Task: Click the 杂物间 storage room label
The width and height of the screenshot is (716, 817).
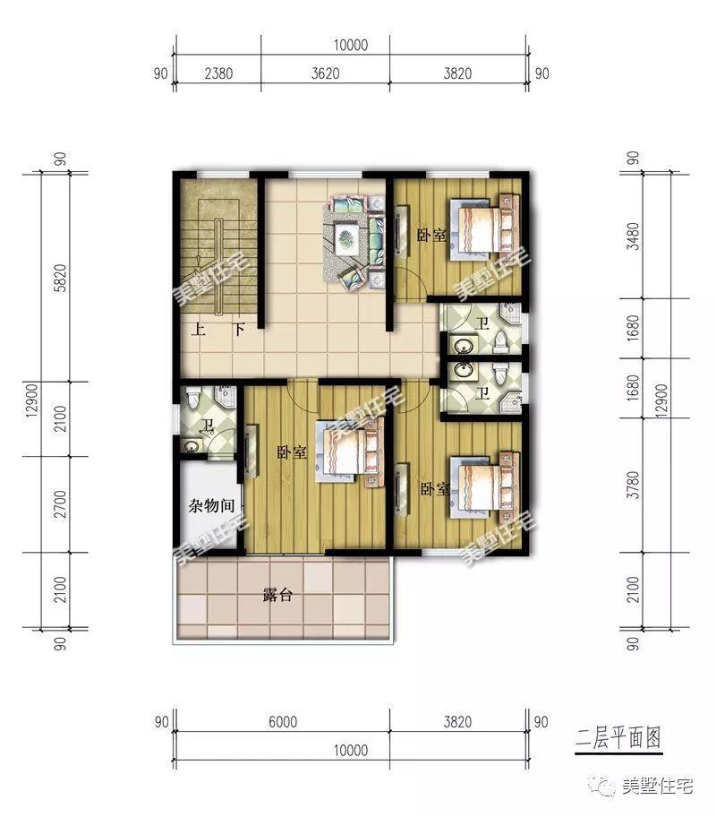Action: (209, 506)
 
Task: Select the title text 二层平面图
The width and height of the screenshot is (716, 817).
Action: (618, 738)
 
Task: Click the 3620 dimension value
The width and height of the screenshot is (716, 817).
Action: (324, 73)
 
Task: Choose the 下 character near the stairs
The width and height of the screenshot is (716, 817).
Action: (239, 329)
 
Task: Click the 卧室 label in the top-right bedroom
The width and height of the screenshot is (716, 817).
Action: (432, 236)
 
